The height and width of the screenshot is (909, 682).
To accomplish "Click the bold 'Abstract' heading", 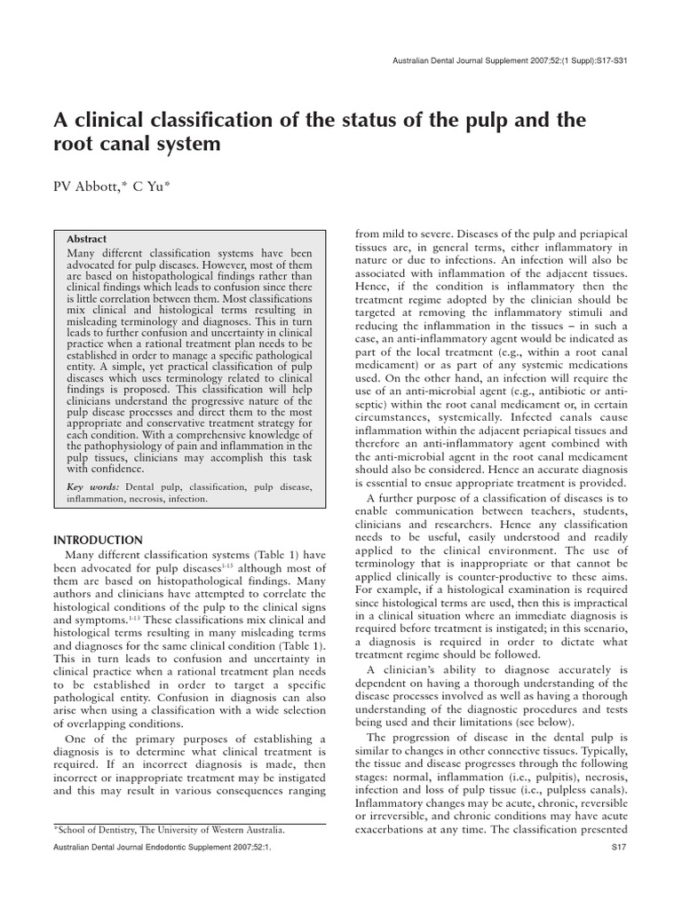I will (x=87, y=239).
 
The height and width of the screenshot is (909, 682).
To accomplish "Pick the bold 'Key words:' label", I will (x=93, y=486).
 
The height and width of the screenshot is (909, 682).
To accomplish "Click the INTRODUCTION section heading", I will (x=98, y=540).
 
